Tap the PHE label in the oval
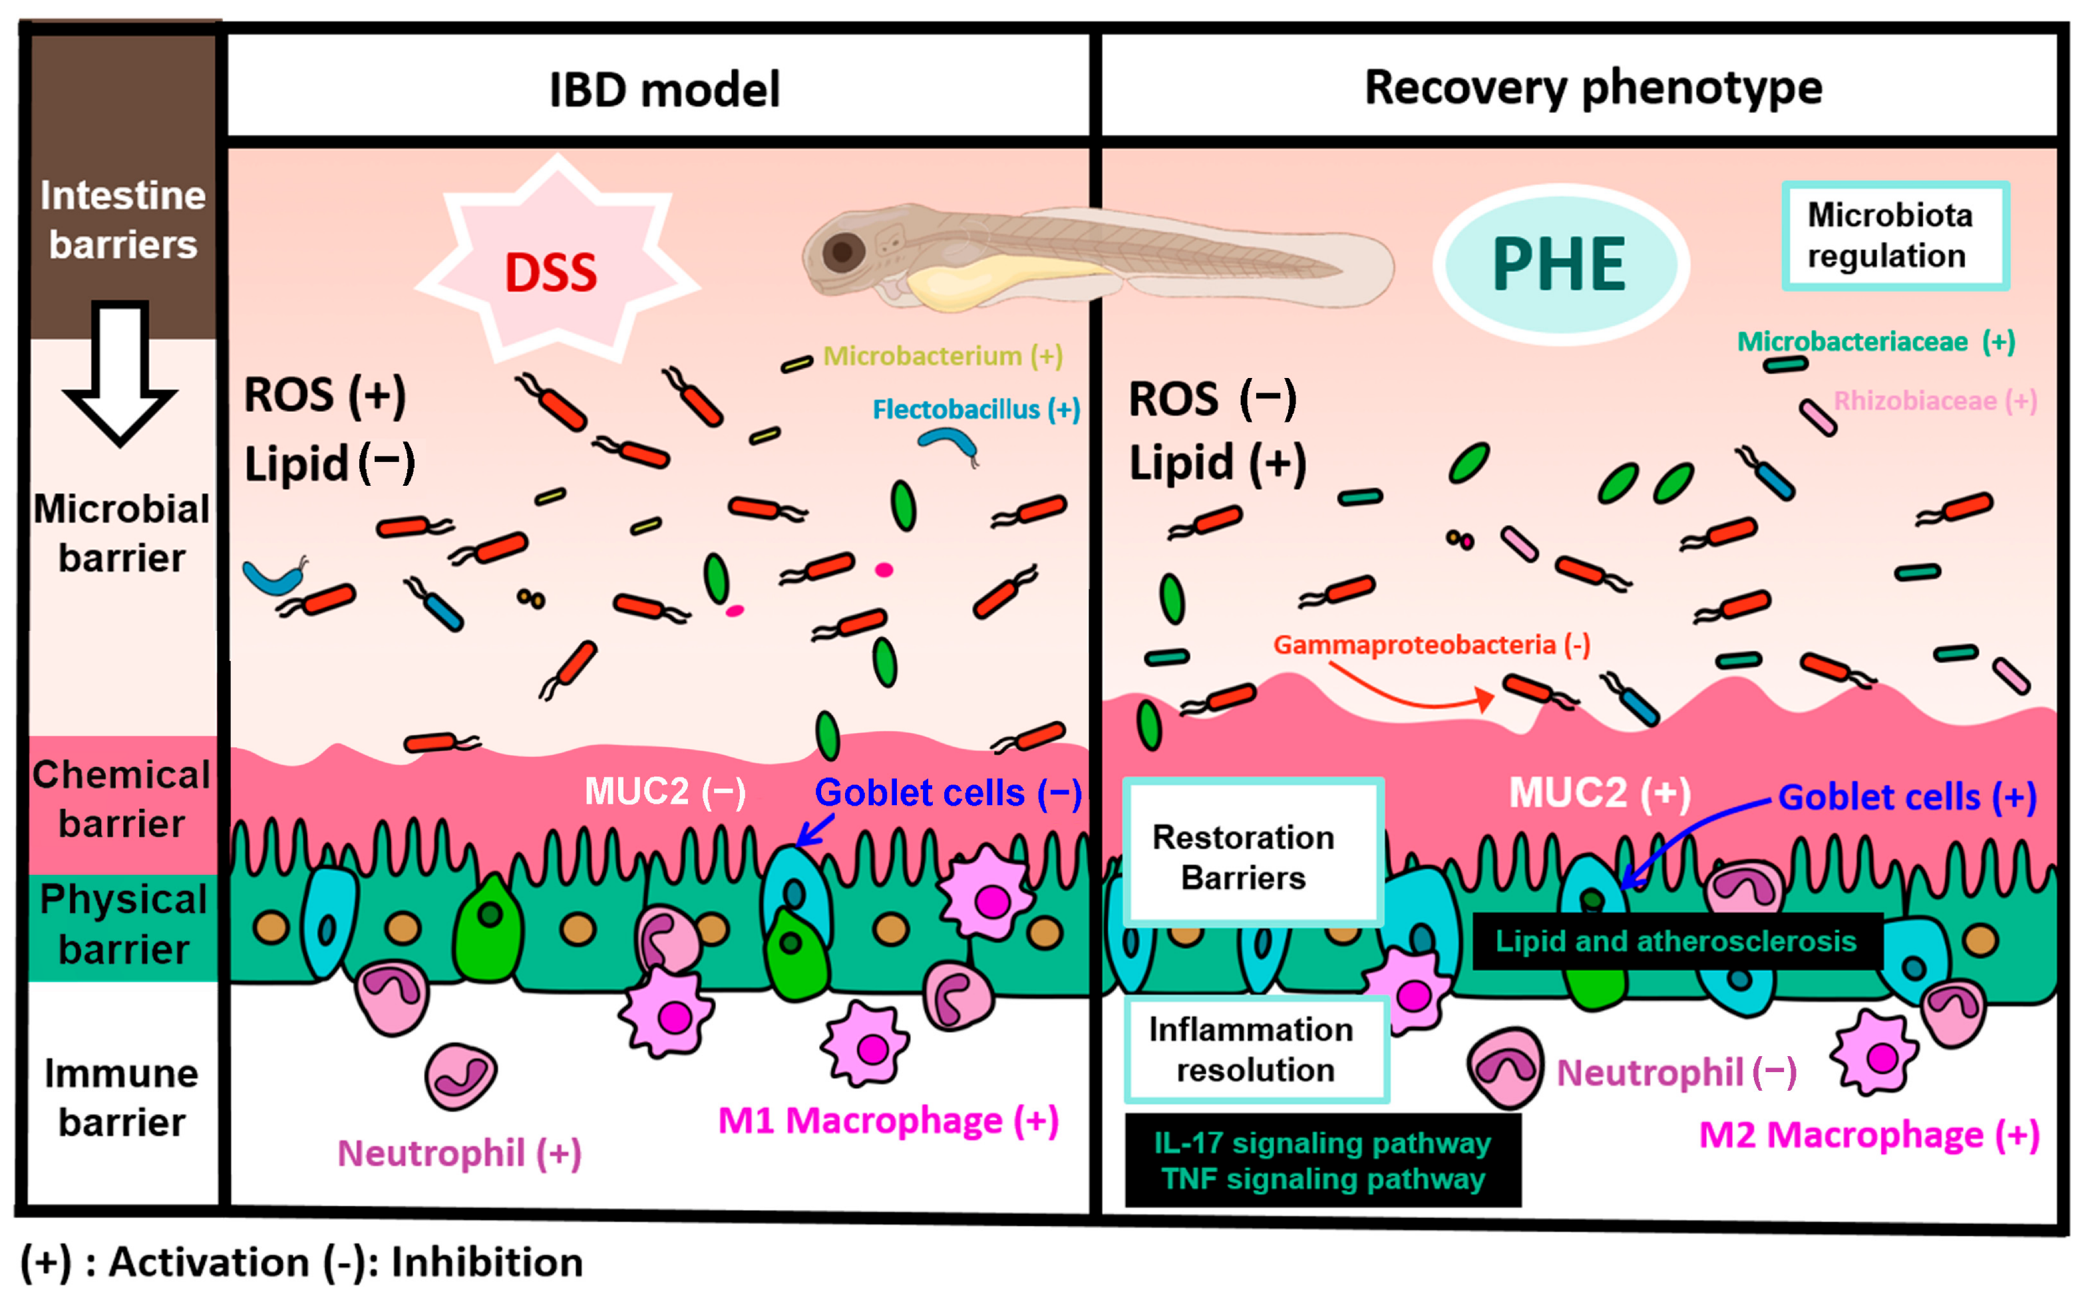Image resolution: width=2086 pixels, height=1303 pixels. coord(1560,265)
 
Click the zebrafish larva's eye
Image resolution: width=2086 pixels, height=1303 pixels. coord(842,252)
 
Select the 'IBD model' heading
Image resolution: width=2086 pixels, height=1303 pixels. coord(664,90)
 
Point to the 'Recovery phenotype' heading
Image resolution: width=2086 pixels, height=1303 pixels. coord(1593,89)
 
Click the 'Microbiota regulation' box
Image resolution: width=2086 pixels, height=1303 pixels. coord(1896,236)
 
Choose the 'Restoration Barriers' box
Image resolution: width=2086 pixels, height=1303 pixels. coord(1254,852)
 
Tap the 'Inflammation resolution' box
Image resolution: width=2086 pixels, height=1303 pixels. coord(1256,1049)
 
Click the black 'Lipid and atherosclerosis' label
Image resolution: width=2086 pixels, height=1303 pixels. coord(1677,941)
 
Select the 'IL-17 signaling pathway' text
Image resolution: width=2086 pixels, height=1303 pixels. coord(1323,1143)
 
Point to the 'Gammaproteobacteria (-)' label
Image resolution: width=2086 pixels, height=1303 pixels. coord(1432,645)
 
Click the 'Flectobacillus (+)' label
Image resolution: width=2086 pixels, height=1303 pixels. coord(976,409)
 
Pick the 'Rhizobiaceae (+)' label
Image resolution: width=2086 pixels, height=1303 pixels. coord(1935,401)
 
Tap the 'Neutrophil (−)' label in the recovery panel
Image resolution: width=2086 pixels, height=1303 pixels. coord(1676,1073)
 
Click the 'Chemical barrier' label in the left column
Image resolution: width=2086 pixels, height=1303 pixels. coord(122,799)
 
